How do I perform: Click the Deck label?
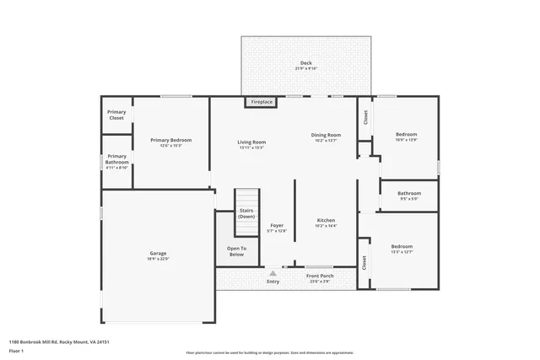pos(305,64)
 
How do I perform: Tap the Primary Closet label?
pos(116,115)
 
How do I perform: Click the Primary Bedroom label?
pos(171,140)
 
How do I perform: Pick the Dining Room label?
pos(326,135)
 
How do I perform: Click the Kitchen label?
pos(326,220)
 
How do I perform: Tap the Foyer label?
pos(277,225)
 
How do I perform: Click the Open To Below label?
pos(237,250)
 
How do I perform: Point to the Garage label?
pos(158,253)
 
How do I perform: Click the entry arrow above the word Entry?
pos(273,272)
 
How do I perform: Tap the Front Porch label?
pos(319,276)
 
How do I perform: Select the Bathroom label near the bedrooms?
pos(409,194)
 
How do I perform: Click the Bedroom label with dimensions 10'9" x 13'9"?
pos(407,134)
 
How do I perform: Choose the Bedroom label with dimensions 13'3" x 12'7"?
pos(402,246)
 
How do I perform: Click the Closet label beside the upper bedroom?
pos(365,118)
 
